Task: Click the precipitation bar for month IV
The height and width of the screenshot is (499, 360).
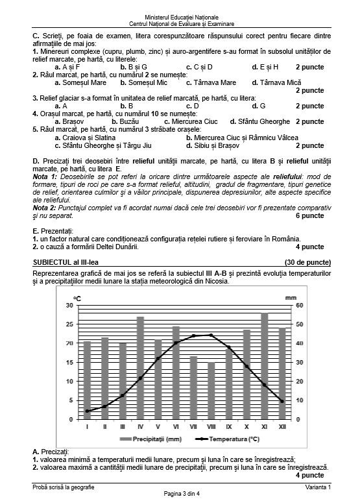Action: click(x=140, y=368)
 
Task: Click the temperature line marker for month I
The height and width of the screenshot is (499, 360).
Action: click(x=87, y=411)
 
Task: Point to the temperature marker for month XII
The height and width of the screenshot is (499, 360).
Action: click(x=282, y=402)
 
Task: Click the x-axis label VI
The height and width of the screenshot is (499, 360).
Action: click(x=176, y=426)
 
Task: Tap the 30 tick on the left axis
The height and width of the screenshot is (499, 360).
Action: click(x=69, y=305)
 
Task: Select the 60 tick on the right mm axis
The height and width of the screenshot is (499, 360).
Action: click(x=300, y=305)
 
